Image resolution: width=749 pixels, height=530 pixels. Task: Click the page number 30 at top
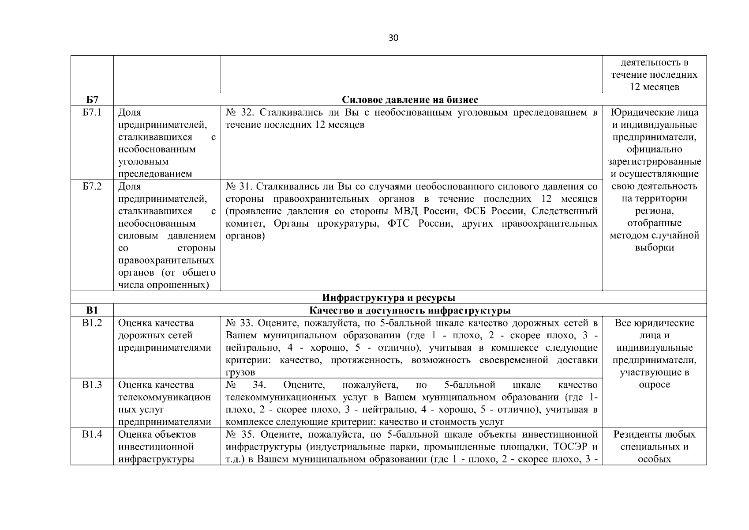click(393, 38)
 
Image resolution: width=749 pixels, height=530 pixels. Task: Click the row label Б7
click(92, 100)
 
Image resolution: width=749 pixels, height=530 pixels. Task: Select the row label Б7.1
click(92, 113)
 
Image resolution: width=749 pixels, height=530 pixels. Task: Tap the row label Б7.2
click(92, 187)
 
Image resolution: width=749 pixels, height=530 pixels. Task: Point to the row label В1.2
click(92, 323)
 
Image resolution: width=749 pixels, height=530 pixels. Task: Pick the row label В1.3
click(92, 385)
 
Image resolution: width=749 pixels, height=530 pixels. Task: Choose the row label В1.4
click(92, 435)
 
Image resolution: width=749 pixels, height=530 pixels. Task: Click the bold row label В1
click(92, 310)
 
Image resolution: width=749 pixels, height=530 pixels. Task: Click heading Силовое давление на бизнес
click(410, 100)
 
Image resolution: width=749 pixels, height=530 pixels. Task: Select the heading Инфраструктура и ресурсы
click(388, 298)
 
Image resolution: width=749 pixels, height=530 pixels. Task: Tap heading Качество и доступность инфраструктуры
click(410, 310)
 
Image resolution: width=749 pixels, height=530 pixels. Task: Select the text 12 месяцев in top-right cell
click(654, 87)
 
